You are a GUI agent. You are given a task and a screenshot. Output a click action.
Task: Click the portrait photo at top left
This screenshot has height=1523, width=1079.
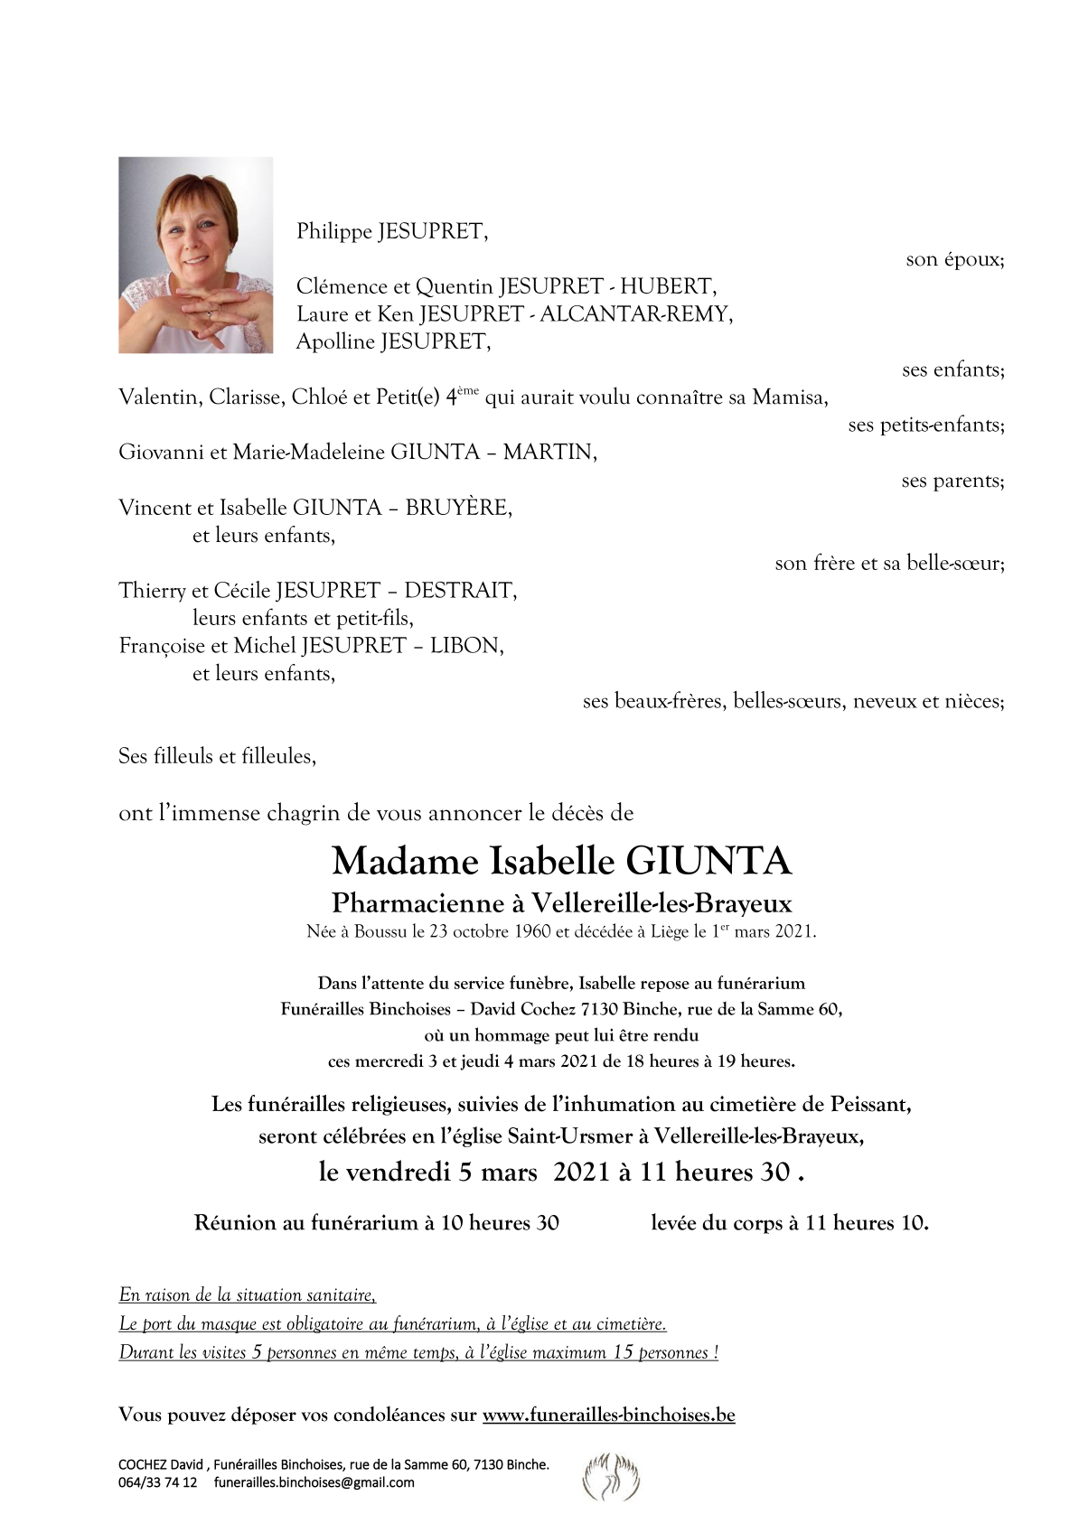pos(195,255)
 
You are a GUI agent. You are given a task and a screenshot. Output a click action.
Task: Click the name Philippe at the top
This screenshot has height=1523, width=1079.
pos(334,232)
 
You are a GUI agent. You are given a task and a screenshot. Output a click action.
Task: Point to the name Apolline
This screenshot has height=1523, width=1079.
pos(335,341)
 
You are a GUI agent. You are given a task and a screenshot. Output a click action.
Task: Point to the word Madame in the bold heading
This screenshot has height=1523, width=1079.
pos(404,862)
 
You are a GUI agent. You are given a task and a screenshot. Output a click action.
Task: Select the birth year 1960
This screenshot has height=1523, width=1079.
pos(532,932)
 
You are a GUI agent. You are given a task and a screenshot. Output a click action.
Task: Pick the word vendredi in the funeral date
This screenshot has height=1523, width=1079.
pos(398,1173)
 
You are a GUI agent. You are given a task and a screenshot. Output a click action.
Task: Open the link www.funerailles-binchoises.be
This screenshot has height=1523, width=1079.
pos(608,1416)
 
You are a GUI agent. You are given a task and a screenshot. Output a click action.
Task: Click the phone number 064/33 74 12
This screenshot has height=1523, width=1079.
pos(157,1482)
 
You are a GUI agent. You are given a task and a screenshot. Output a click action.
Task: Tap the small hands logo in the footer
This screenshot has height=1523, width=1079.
pos(611,1476)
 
